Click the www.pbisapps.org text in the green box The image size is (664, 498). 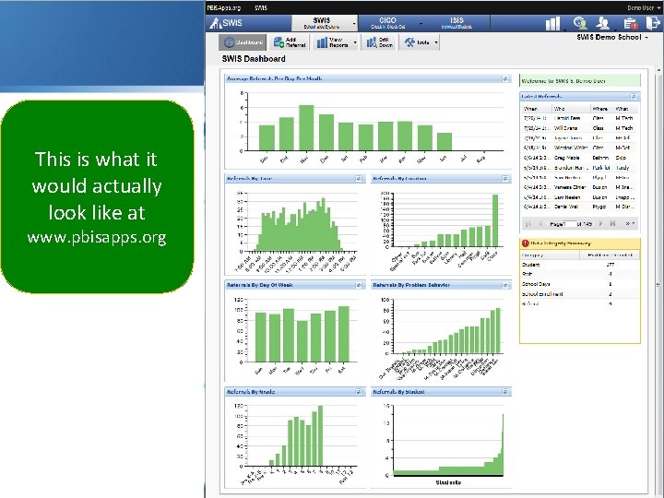pos(97,238)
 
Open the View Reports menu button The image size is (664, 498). pos(338,41)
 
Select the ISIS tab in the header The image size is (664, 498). pos(457,22)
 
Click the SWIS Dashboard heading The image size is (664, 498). pos(254,59)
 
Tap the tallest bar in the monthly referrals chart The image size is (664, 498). pos(306,126)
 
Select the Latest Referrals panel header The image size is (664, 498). pos(544,96)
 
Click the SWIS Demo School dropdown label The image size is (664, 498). pos(610,37)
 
